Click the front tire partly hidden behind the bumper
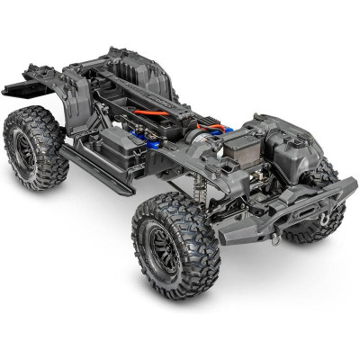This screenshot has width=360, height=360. click(310, 225)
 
